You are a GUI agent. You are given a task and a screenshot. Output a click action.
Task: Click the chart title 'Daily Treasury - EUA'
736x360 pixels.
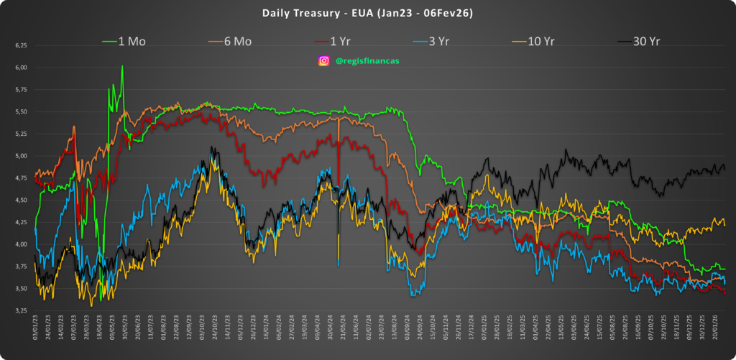point(367,13)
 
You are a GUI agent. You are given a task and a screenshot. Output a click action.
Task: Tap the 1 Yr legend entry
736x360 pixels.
point(336,42)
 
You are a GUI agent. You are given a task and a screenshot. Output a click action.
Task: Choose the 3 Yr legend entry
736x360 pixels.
point(434,42)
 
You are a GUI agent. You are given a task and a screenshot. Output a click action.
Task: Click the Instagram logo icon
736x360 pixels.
point(324,61)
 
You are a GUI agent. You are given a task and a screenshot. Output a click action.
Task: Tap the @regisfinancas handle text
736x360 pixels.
point(367,61)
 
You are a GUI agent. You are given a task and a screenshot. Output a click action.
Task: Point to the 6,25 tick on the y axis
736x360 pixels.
point(20,45)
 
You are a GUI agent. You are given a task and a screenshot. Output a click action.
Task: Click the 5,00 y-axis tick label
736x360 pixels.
point(20,156)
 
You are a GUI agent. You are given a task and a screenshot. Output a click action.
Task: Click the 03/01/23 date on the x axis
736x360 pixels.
point(34,331)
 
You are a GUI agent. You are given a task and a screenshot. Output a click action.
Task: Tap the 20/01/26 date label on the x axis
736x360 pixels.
point(714,331)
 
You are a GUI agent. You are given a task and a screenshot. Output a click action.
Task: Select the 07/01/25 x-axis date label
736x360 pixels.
point(485,331)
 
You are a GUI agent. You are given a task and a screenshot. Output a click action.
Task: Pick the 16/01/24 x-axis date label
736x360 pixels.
point(266,331)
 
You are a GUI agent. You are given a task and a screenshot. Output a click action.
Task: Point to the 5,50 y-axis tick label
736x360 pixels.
point(20,111)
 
